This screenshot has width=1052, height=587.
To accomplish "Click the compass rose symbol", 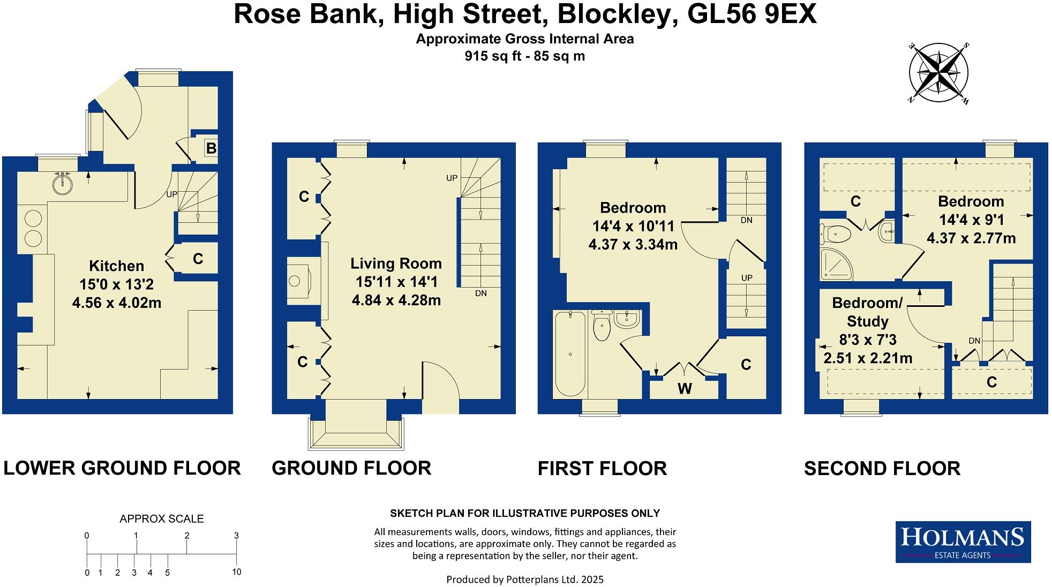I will click(938, 73).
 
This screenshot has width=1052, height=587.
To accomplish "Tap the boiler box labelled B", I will click(211, 148).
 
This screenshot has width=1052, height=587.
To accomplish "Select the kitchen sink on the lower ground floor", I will click(63, 184).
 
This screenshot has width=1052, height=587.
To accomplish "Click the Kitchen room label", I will click(116, 266).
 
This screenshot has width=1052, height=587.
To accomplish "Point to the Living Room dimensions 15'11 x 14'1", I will click(396, 282).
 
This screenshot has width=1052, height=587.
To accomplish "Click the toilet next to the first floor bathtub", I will click(603, 326).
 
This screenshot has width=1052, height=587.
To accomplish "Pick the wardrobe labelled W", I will click(684, 389).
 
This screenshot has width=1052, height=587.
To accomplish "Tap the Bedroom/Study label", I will click(867, 312).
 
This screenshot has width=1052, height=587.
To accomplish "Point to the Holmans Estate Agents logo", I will click(963, 541).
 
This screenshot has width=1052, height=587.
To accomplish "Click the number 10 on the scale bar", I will click(236, 571).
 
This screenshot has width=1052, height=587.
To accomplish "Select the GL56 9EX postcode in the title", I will click(752, 14).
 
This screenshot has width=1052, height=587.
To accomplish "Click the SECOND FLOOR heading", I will click(882, 469).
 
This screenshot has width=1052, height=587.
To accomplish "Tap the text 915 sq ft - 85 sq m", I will click(524, 56).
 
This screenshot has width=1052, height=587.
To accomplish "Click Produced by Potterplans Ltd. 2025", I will click(524, 579).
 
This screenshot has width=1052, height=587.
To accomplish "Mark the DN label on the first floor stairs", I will click(746, 220).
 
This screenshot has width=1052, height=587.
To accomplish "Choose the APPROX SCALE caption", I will click(161, 518).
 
